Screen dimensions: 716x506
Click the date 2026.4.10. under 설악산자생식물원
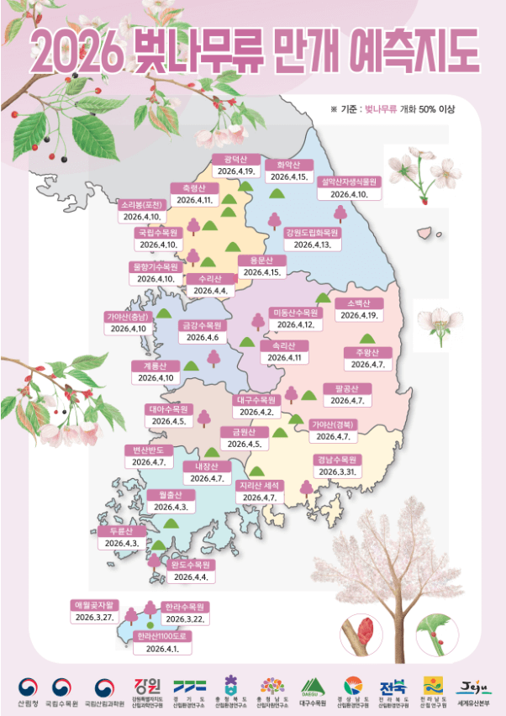pyautogui.click(x=349, y=194)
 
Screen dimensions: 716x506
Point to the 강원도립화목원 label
pyautogui.click(x=312, y=233)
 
